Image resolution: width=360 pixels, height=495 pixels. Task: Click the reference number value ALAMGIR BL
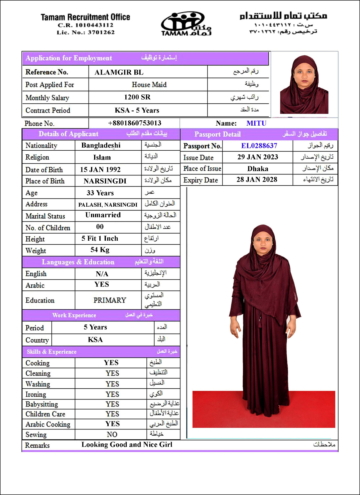coord(119,72)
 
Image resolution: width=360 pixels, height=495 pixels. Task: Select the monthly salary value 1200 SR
coord(137,97)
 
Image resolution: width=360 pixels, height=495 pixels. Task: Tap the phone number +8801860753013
coord(135,123)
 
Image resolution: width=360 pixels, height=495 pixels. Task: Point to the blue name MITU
coord(256,123)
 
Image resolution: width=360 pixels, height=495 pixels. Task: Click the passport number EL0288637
coord(259,146)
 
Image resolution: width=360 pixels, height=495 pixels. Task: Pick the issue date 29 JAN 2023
coord(258,157)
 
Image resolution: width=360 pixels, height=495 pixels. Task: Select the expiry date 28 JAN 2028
coord(257,179)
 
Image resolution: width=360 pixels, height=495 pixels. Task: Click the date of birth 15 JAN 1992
coord(100,170)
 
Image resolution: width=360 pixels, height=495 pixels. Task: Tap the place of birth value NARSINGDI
coord(105,181)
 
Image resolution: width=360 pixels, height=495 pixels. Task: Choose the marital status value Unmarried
coord(103,215)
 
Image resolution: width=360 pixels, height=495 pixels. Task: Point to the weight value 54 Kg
coord(100,250)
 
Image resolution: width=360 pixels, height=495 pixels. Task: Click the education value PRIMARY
coord(110,300)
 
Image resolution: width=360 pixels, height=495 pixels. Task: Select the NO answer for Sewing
coord(112,434)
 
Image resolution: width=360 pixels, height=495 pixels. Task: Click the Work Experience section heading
coord(74,315)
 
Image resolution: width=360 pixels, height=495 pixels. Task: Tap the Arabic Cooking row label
coord(48,424)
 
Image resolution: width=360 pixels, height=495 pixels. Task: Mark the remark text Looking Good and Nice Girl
coord(127,445)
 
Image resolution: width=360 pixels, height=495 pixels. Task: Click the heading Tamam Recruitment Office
coord(85,17)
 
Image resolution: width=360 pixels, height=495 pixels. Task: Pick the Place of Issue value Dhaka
coord(258,169)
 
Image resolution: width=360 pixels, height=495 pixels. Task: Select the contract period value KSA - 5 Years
coord(137,110)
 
